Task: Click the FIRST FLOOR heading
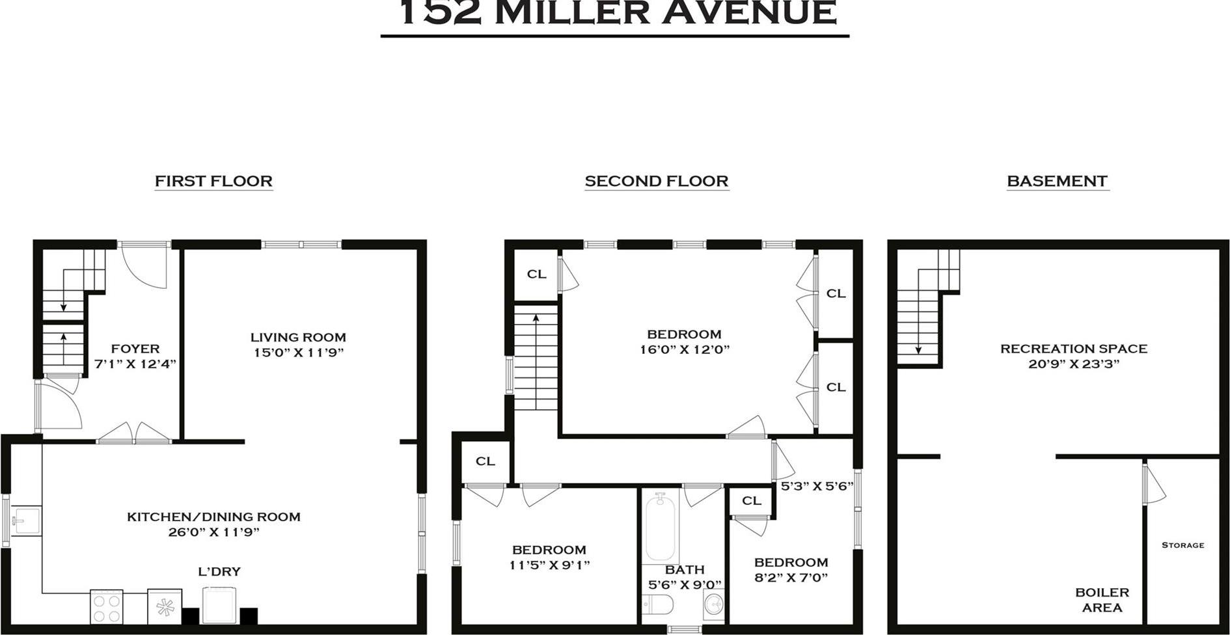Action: [x=213, y=181]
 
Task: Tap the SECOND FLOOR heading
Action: [x=656, y=181]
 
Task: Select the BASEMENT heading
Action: [x=1057, y=181]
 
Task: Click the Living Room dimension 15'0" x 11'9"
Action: [x=298, y=353]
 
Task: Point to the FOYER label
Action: [x=135, y=349]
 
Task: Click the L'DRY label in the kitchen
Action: [x=219, y=571]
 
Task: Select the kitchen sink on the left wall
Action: [x=26, y=520]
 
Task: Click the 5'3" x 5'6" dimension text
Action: [x=817, y=486]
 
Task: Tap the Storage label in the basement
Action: [x=1182, y=545]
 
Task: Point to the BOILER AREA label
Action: [x=1102, y=600]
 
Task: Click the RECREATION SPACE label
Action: [x=1073, y=349]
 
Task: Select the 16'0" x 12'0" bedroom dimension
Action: [x=684, y=349]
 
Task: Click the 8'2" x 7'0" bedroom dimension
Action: [x=791, y=577]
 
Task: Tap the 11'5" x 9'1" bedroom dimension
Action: [x=549, y=565]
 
